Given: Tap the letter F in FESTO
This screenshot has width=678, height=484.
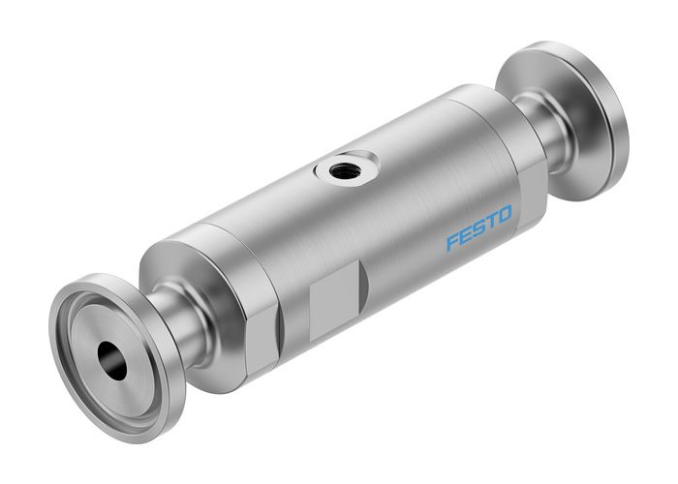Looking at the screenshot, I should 450,243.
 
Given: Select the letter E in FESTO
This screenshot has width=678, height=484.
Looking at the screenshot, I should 460,239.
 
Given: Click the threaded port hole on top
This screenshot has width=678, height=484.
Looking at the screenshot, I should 342,172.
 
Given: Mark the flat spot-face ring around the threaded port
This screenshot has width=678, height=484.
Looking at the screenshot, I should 325,174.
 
